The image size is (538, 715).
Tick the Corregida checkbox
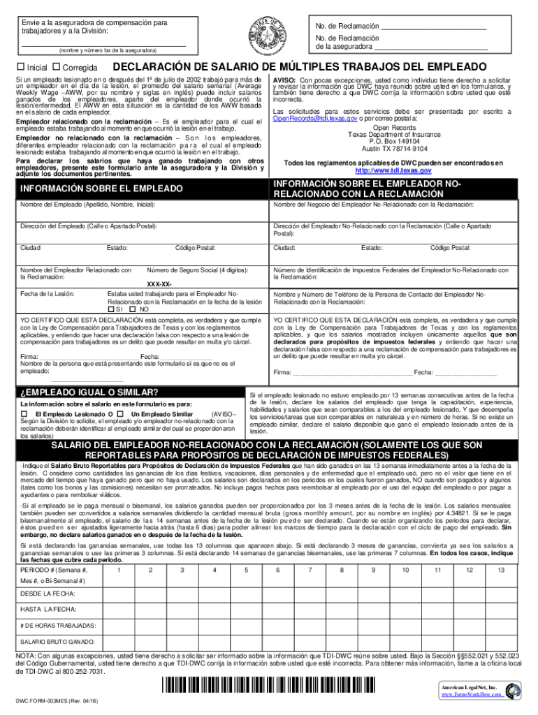[x=56, y=67]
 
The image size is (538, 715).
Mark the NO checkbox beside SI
[x=134, y=308]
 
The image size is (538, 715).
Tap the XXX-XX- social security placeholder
[x=159, y=284]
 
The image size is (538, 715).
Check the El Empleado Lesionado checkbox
[x=24, y=414]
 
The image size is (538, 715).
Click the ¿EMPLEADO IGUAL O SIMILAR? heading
[x=89, y=391]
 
